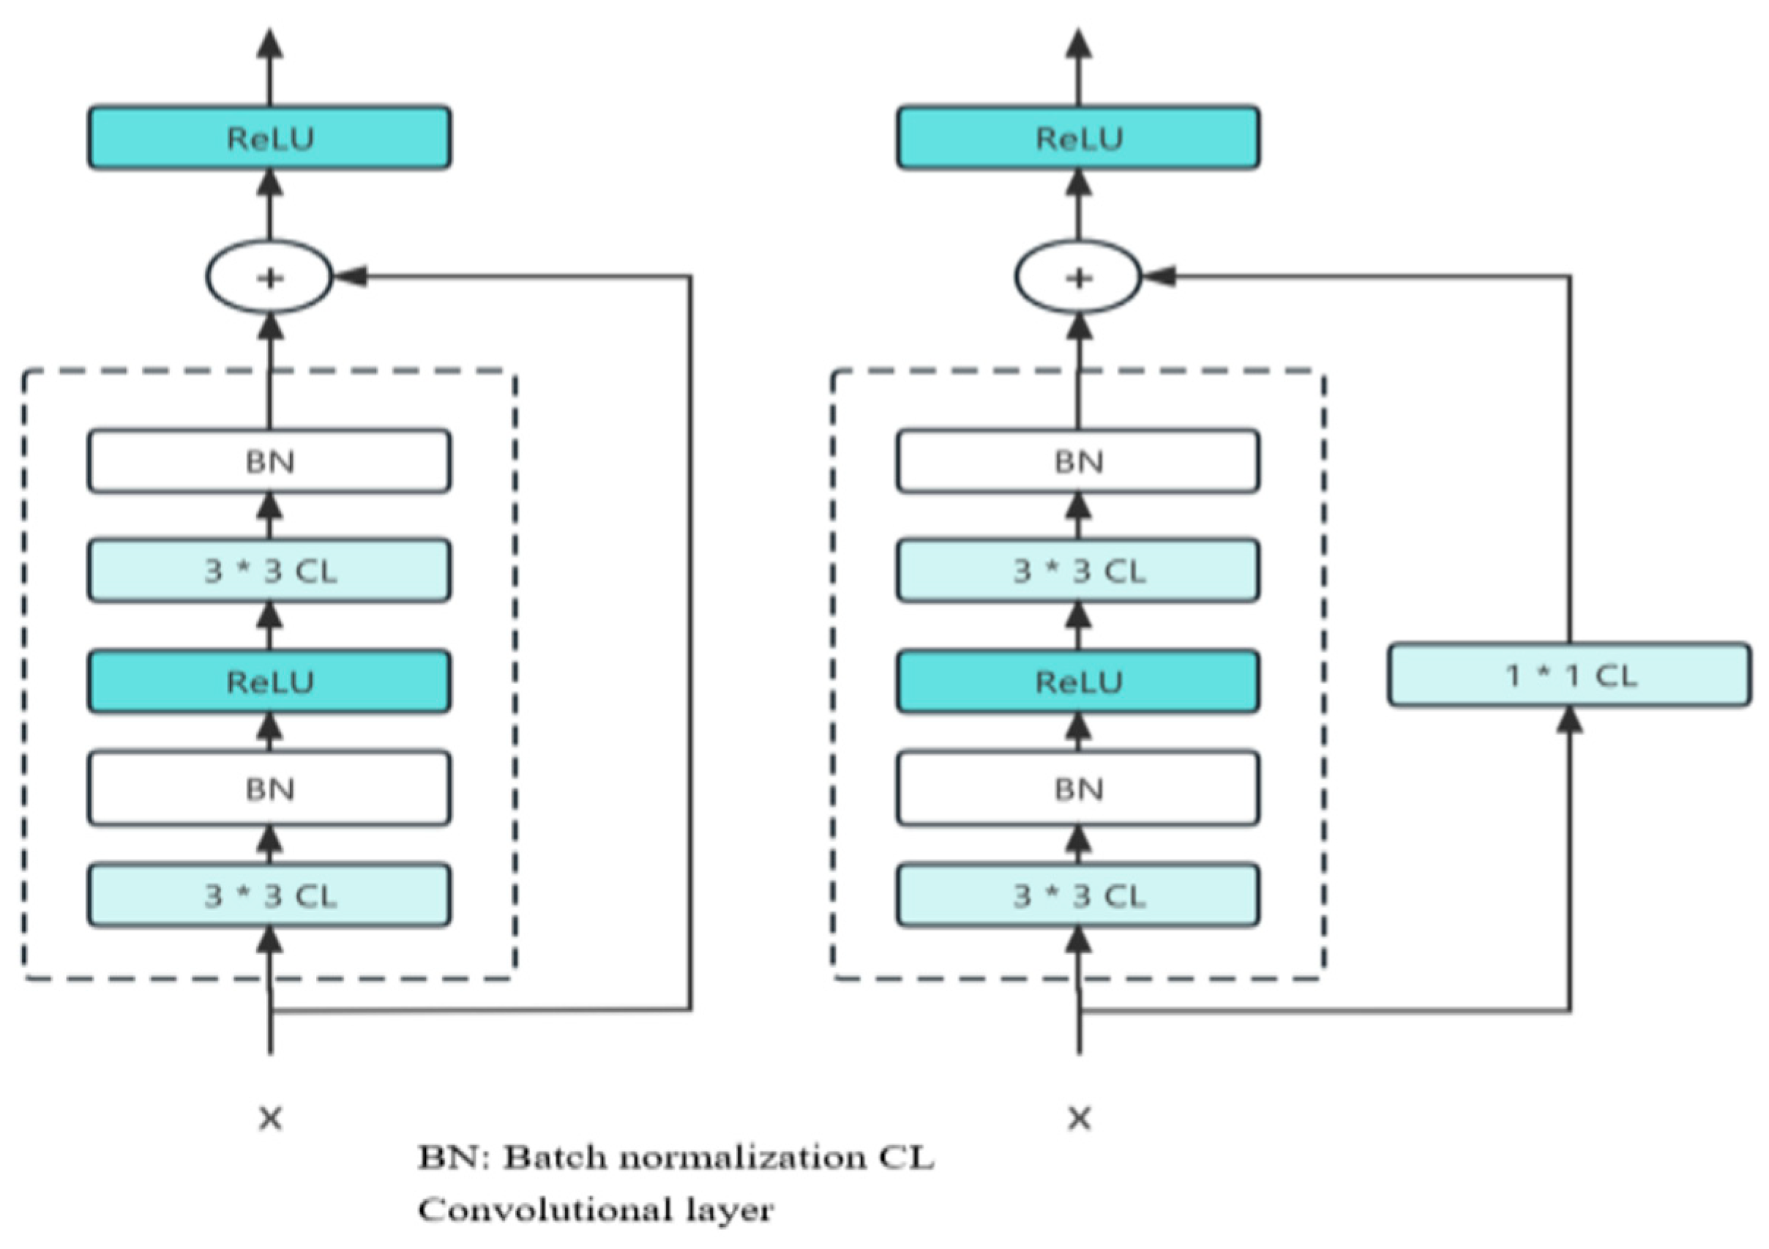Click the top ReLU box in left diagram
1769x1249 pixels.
tap(269, 138)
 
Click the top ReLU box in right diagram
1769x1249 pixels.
tap(1078, 138)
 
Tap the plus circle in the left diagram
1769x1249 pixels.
tap(269, 277)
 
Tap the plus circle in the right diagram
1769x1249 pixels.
tap(1078, 277)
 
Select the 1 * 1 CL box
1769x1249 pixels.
tap(1569, 675)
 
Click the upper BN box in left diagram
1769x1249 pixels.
tap(269, 461)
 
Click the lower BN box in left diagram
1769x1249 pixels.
tap(269, 788)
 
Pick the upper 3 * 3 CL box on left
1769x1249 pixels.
tap(269, 570)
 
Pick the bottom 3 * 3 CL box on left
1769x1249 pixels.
tap(269, 895)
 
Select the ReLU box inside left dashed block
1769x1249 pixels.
tap(269, 681)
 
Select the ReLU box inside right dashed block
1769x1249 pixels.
tap(1078, 681)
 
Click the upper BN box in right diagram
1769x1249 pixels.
tap(1078, 461)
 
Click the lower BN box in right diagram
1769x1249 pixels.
tap(1078, 788)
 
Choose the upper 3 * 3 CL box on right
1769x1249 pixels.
tap(1078, 570)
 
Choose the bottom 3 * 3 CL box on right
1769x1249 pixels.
tap(1078, 895)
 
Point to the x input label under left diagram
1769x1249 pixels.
tap(270, 1118)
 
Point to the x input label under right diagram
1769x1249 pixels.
tap(1080, 1118)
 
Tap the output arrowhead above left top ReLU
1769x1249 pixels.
tap(269, 44)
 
